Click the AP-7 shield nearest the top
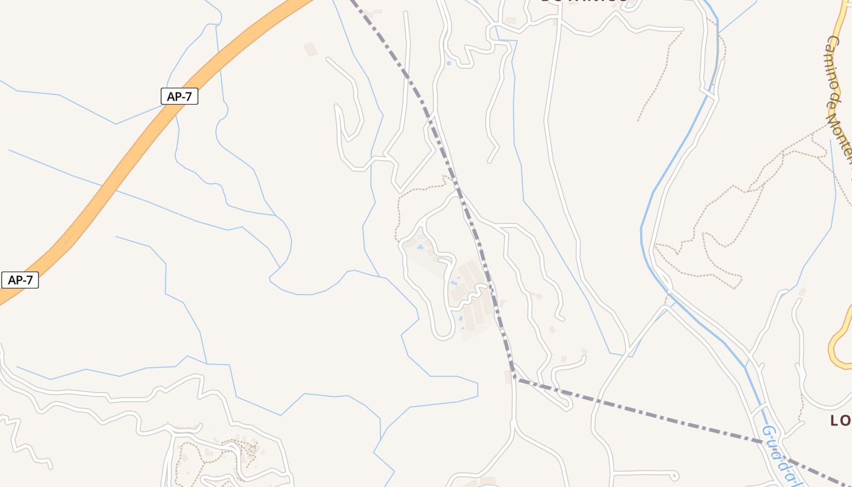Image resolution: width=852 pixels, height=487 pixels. tap(180, 96)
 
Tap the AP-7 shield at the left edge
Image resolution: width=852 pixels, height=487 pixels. tap(20, 280)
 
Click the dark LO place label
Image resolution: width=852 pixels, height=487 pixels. tap(840, 421)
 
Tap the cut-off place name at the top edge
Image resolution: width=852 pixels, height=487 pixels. tap(584, 2)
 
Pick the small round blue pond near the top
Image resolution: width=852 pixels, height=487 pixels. tap(449, 63)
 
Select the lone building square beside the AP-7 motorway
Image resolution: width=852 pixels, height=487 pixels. tap(310, 49)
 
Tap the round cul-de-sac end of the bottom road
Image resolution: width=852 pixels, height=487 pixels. tap(674, 475)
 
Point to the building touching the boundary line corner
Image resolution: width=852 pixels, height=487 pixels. tap(508, 377)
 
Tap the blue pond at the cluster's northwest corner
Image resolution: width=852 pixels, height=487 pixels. tap(420, 247)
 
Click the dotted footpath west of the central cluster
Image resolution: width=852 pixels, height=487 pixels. tap(399, 213)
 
